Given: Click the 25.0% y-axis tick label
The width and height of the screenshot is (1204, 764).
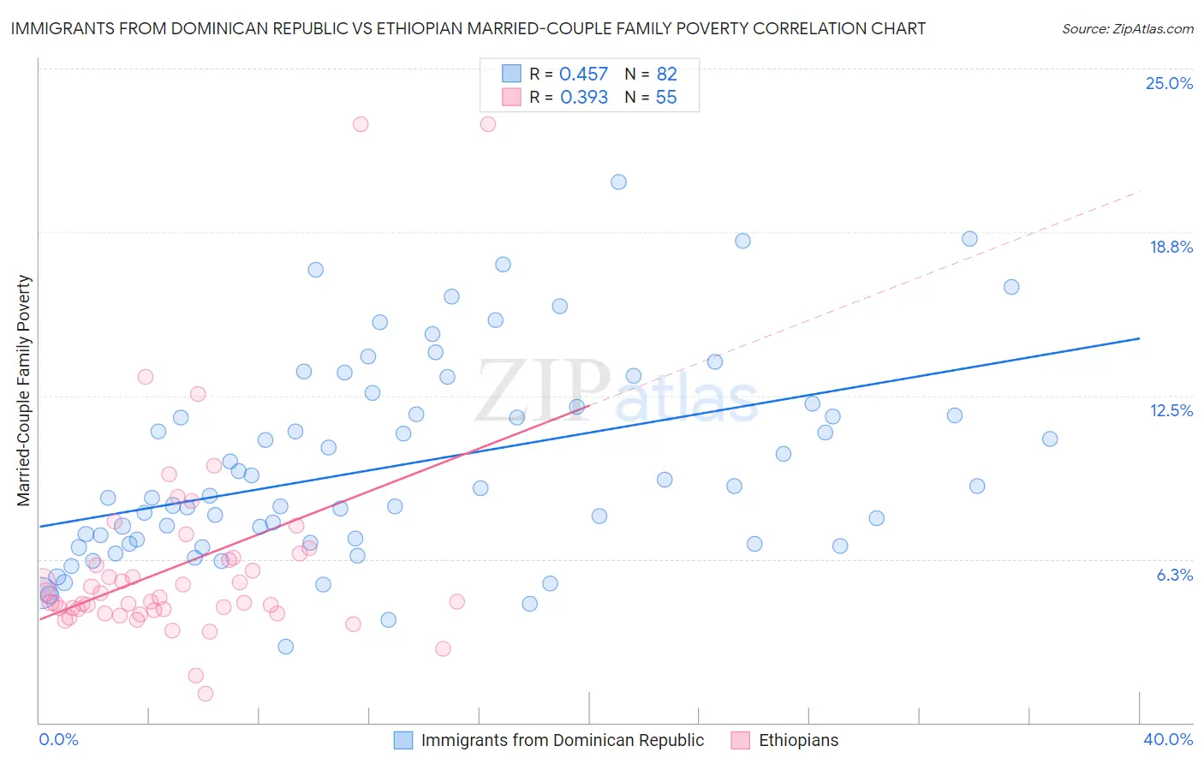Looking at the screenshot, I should point(1169,83).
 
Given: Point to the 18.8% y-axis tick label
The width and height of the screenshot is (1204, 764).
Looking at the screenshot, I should point(1171,247).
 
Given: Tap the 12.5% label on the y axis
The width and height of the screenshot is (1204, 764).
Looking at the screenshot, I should point(1171,410).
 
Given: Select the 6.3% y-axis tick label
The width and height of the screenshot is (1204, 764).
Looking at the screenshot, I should point(1174,575).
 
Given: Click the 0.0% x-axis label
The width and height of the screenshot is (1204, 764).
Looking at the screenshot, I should point(58,739).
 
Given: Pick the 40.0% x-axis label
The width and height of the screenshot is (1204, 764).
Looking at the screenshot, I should point(1167,739).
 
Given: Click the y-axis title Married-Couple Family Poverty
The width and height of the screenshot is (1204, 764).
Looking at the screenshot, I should point(24,391).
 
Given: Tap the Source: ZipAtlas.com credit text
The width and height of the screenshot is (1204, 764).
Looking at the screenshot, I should point(1127,28).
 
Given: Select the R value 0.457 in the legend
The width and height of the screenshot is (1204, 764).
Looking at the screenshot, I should point(583,75).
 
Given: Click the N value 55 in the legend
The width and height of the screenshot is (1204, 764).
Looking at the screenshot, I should point(666,98).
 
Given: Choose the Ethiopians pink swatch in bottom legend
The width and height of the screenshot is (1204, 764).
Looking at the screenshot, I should point(741,740).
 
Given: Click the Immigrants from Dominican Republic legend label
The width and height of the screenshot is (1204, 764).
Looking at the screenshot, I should point(563,740).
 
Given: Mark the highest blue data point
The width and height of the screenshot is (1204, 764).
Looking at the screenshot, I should point(618,182).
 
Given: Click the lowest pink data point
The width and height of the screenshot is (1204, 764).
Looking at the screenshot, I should point(206,694).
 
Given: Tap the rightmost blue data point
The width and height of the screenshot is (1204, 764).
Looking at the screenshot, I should point(1050,439).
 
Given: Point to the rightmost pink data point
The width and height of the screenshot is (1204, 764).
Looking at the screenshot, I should point(488,124).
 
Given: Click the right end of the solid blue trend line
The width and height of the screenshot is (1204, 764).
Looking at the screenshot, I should point(1140,338).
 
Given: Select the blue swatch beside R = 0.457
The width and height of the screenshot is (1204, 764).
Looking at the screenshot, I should point(511,74).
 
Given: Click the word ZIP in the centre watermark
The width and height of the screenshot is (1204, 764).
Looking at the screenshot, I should point(543,391).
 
